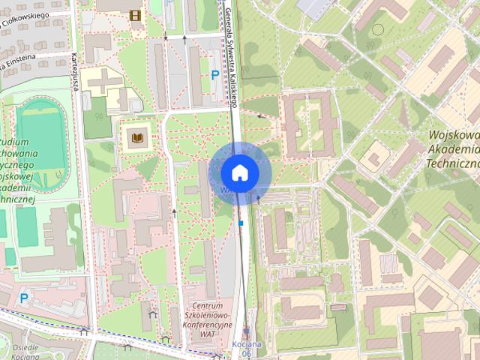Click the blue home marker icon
tap(239, 172)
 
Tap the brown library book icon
tap(137, 138)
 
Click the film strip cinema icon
tap(135, 16)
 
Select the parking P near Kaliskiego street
tap(215, 75)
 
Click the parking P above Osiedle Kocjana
tap(24, 298)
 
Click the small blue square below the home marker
tap(241, 223)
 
